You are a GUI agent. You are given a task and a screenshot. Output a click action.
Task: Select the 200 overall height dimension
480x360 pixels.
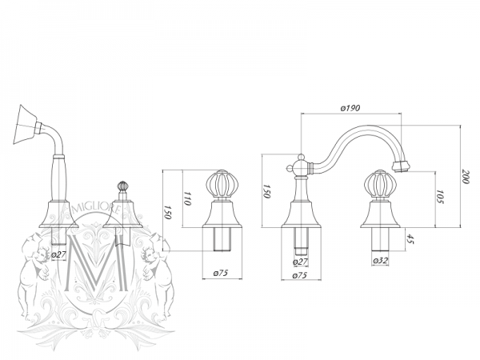click(x=464, y=178)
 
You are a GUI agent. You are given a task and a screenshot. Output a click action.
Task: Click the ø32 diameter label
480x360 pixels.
click(x=380, y=262)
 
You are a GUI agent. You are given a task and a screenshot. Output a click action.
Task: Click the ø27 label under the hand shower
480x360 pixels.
click(x=58, y=256)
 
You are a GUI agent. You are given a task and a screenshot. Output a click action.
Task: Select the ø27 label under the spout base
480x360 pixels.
click(x=301, y=262)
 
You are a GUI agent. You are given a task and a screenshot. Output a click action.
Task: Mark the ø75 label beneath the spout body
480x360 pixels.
click(x=301, y=274)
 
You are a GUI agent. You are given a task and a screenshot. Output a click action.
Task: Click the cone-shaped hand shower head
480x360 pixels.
click(x=30, y=121)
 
